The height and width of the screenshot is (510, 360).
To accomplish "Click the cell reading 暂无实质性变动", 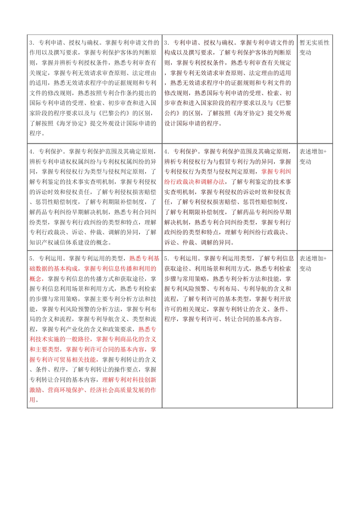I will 314,47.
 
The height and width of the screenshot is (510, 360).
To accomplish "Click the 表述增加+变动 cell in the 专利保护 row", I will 313,157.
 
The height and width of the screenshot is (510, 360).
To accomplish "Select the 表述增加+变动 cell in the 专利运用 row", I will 313,264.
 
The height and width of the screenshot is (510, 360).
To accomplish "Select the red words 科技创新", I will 144,380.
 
